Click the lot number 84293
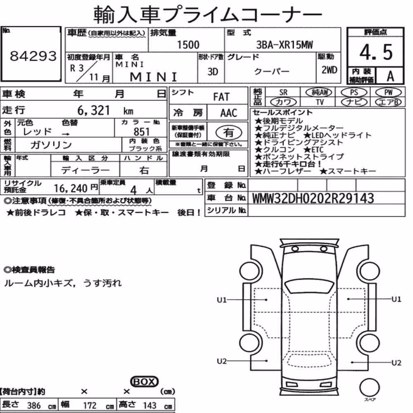point(33,56)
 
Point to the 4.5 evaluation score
point(376,52)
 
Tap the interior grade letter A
point(390,76)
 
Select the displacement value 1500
point(188,45)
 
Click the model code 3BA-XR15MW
point(285,45)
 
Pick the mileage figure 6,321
point(93,110)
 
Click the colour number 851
point(141,132)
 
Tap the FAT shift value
point(221,97)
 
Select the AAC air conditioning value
point(229,113)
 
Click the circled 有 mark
point(229,133)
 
